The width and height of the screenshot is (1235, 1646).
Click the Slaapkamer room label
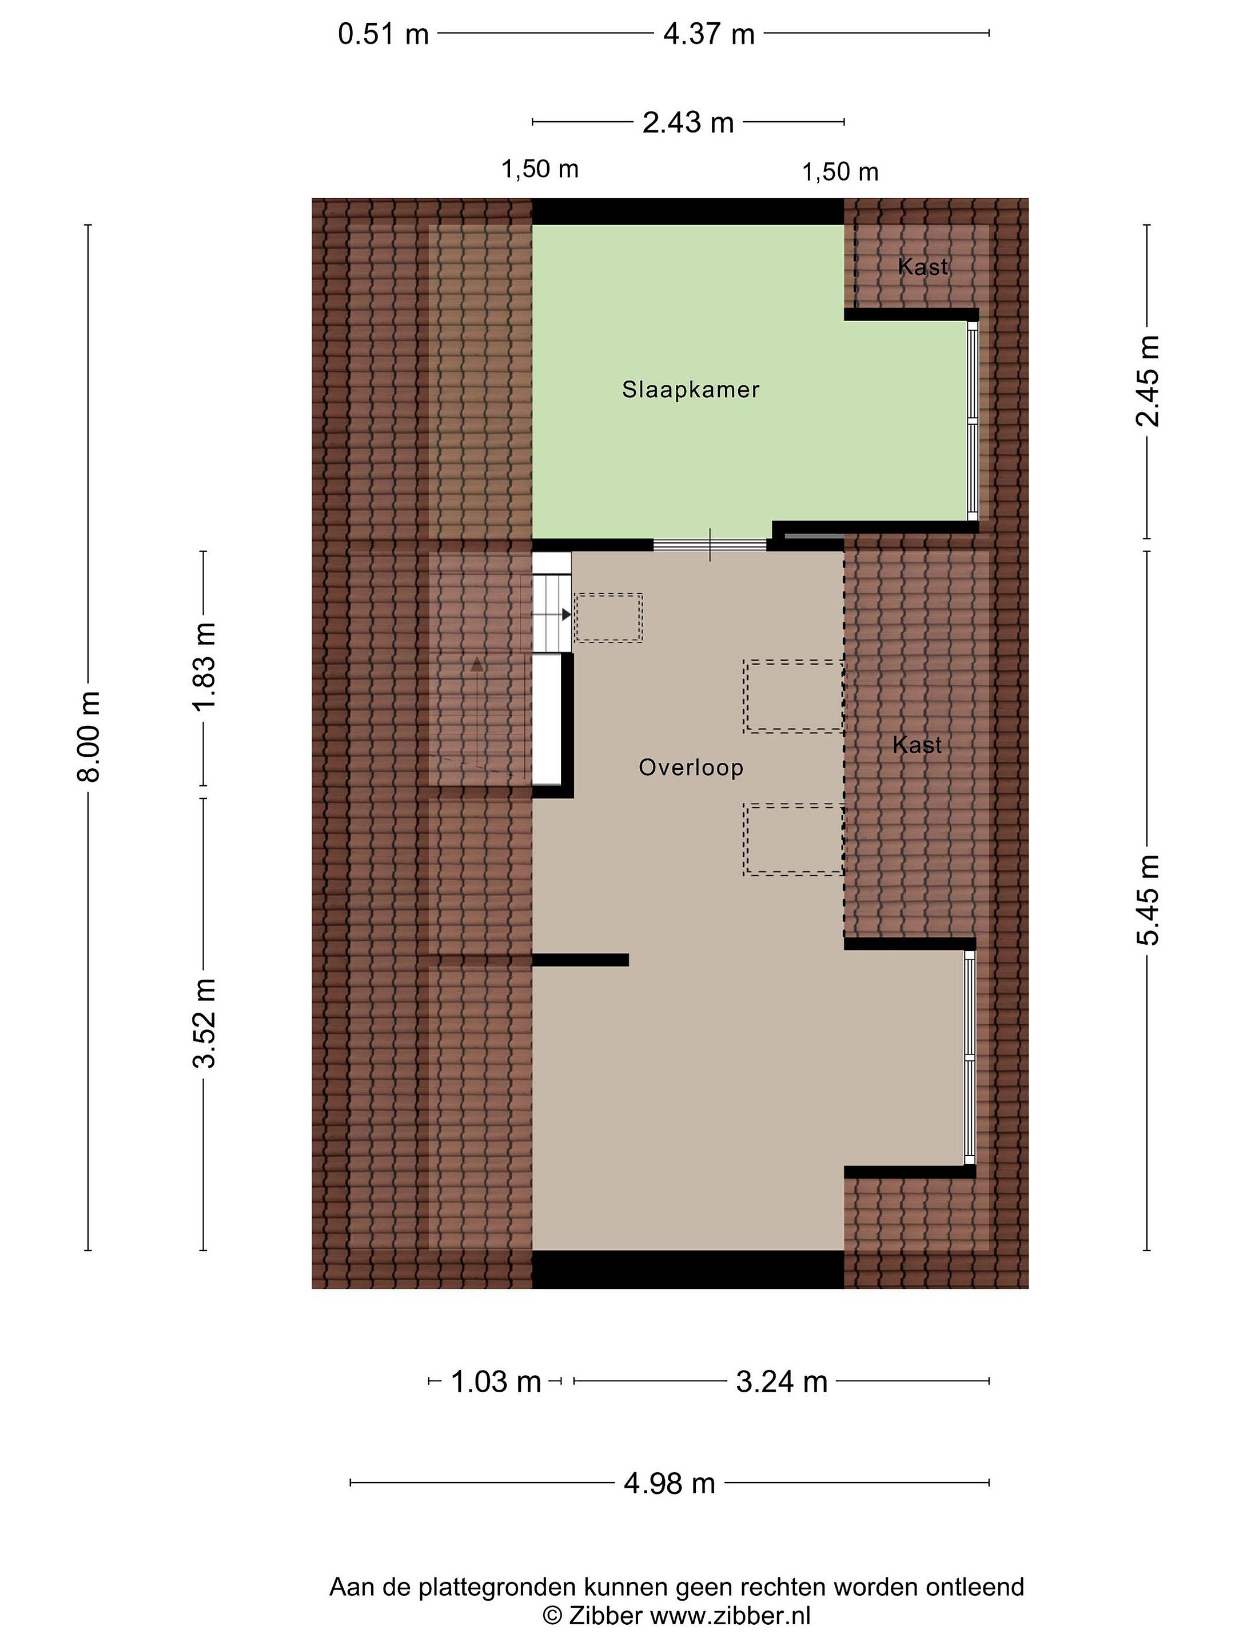[690, 390]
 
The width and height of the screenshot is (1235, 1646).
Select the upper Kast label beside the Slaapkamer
[923, 266]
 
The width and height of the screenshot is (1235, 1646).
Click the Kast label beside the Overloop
[917, 745]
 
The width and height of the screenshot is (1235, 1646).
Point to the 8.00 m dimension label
[89, 737]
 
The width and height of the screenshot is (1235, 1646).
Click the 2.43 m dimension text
[688, 123]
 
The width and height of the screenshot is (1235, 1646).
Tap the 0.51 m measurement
[384, 34]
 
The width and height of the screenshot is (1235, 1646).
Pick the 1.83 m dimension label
[203, 668]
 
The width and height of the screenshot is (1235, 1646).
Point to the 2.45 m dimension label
[1147, 382]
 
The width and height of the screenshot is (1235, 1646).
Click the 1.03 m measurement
[496, 1383]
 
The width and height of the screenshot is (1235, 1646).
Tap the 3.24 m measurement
[782, 1383]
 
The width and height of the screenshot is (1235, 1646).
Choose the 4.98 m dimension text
[669, 1484]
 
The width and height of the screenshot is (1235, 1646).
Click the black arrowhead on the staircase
[567, 614]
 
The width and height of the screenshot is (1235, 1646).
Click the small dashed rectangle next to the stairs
[609, 618]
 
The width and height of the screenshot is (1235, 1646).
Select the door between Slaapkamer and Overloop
[710, 545]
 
